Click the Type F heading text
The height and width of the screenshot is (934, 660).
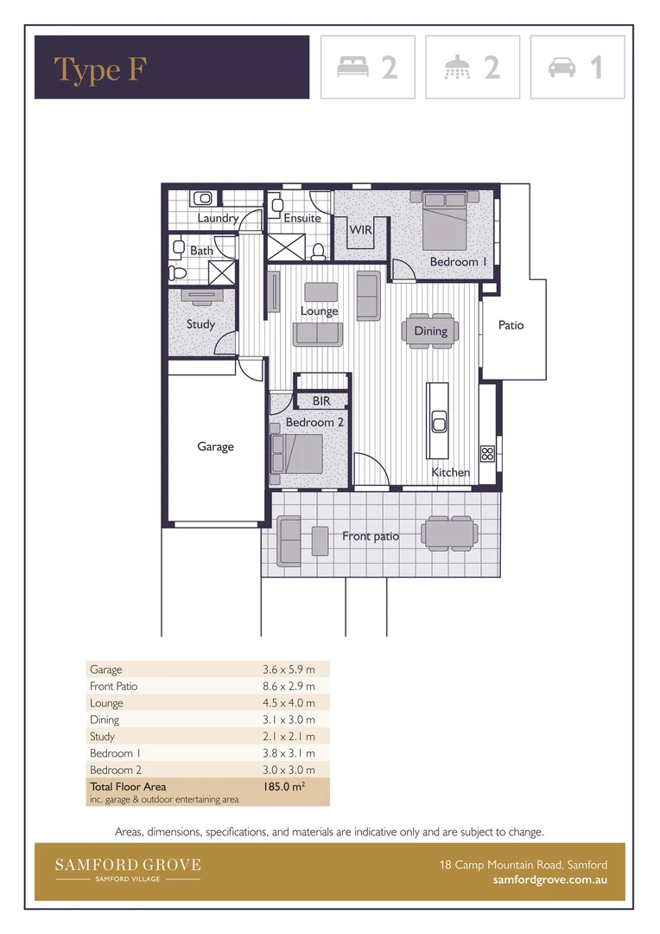pyautogui.click(x=99, y=69)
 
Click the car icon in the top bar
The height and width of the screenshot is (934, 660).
pyautogui.click(x=562, y=67)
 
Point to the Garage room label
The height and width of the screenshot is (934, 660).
pyautogui.click(x=215, y=446)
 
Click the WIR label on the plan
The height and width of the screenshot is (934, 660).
pyautogui.click(x=360, y=230)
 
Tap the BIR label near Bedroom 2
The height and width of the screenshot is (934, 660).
pyautogui.click(x=321, y=401)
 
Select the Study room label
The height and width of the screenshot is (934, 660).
pyautogui.click(x=200, y=324)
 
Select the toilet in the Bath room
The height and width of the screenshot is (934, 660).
pyautogui.click(x=178, y=272)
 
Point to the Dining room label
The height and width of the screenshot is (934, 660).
pyautogui.click(x=430, y=330)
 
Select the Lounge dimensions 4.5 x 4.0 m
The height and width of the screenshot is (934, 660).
pyautogui.click(x=289, y=703)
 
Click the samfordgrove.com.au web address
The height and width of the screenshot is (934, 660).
pyautogui.click(x=549, y=880)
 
